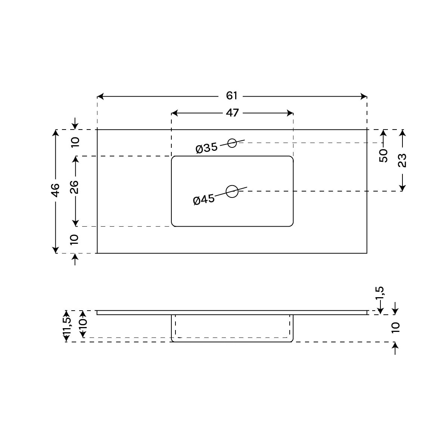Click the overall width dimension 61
(231, 96)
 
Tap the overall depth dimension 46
(55, 190)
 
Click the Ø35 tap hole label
(206, 148)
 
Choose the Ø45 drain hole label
(204, 200)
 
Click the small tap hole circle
(232, 143)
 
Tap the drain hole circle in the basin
(232, 192)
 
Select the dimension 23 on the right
(402, 161)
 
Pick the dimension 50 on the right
(383, 156)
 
